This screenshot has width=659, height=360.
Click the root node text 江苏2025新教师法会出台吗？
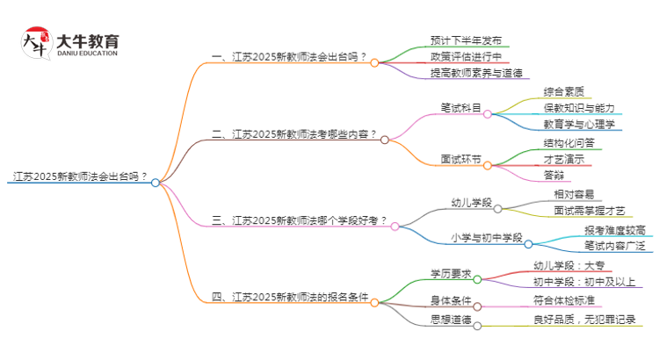point(78,176)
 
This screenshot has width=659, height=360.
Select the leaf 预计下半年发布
point(466,40)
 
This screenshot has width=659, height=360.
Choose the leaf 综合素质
point(564,91)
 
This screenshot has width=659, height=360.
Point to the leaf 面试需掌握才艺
point(590,211)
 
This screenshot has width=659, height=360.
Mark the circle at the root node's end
point(156,183)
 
